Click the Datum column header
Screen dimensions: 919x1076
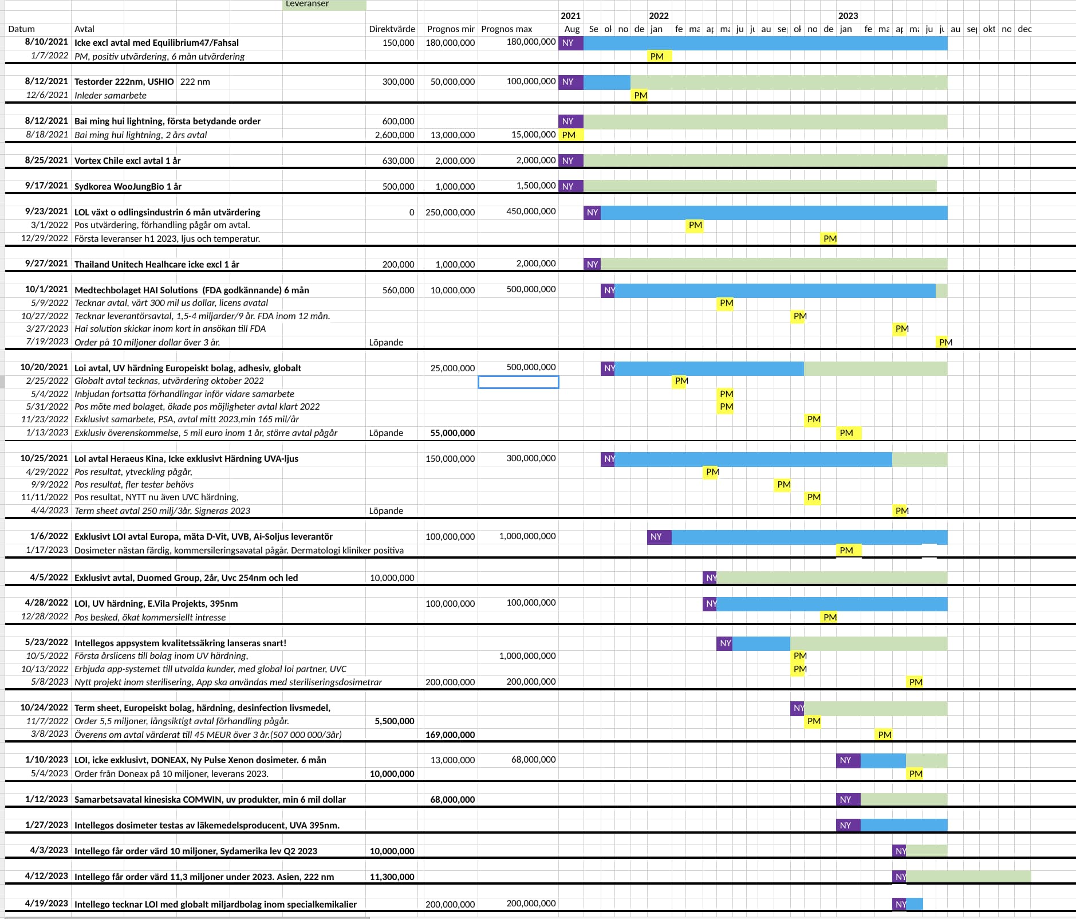pyautogui.click(x=22, y=29)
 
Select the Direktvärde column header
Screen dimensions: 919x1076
pyautogui.click(x=392, y=29)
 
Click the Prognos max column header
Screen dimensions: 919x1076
pyautogui.click(x=506, y=29)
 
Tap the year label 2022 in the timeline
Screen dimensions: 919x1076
pyautogui.click(x=659, y=16)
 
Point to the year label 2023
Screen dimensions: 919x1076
pyautogui.click(x=848, y=16)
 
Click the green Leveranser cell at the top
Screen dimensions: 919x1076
pyautogui.click(x=324, y=5)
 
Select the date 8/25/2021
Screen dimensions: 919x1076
pyautogui.click(x=46, y=160)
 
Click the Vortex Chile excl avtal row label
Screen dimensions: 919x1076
pyautogui.click(x=127, y=161)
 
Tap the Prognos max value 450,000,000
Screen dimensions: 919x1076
pyautogui.click(x=531, y=211)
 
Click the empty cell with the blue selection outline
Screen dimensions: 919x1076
pyautogui.click(x=518, y=382)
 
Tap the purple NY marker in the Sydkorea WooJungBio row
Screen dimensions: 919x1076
pyautogui.click(x=568, y=186)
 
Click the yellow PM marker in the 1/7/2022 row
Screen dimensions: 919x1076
pyautogui.click(x=657, y=56)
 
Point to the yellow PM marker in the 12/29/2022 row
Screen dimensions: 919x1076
pyautogui.click(x=829, y=239)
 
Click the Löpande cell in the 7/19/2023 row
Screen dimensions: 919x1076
pyautogui.click(x=386, y=343)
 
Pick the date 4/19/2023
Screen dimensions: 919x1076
pyautogui.click(x=46, y=904)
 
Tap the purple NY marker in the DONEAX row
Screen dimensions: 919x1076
pyautogui.click(x=846, y=760)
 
